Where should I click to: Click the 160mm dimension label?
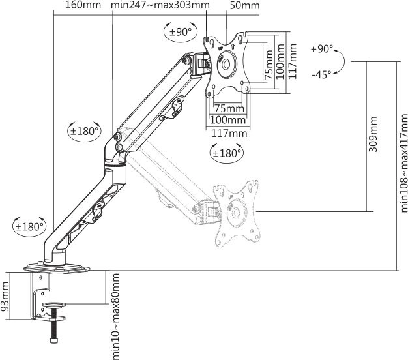[x=83, y=7]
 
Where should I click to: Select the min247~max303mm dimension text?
[x=160, y=7]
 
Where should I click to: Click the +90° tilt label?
[x=322, y=49]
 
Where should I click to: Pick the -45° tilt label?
[x=322, y=74]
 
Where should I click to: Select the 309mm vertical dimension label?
[x=373, y=134]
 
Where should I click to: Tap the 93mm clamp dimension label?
[x=7, y=296]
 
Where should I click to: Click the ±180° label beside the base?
[x=29, y=226]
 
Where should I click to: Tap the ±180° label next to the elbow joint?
[x=84, y=130]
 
